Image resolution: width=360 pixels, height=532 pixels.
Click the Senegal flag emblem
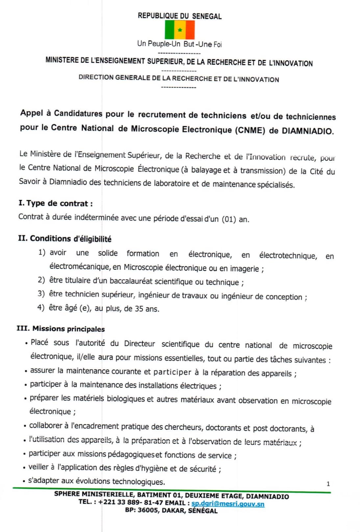point(180,30)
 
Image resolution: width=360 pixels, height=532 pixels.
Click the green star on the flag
point(180,30)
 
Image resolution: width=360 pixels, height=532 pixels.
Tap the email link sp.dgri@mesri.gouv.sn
point(228,504)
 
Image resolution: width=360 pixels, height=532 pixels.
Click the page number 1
point(328,484)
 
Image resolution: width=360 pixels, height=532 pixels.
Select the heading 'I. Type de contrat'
point(55,203)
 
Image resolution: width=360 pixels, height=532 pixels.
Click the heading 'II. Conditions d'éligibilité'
point(64,238)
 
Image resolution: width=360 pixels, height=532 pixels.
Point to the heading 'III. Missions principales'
point(61,329)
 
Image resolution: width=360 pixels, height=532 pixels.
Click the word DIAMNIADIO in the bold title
point(307,131)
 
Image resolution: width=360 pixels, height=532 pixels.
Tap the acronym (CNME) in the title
point(250,130)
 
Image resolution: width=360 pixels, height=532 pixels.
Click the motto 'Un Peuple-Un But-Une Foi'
point(179,44)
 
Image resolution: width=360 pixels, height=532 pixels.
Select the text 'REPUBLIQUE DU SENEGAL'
point(179,16)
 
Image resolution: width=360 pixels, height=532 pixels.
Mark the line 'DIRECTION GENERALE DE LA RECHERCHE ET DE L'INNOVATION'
point(179,79)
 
